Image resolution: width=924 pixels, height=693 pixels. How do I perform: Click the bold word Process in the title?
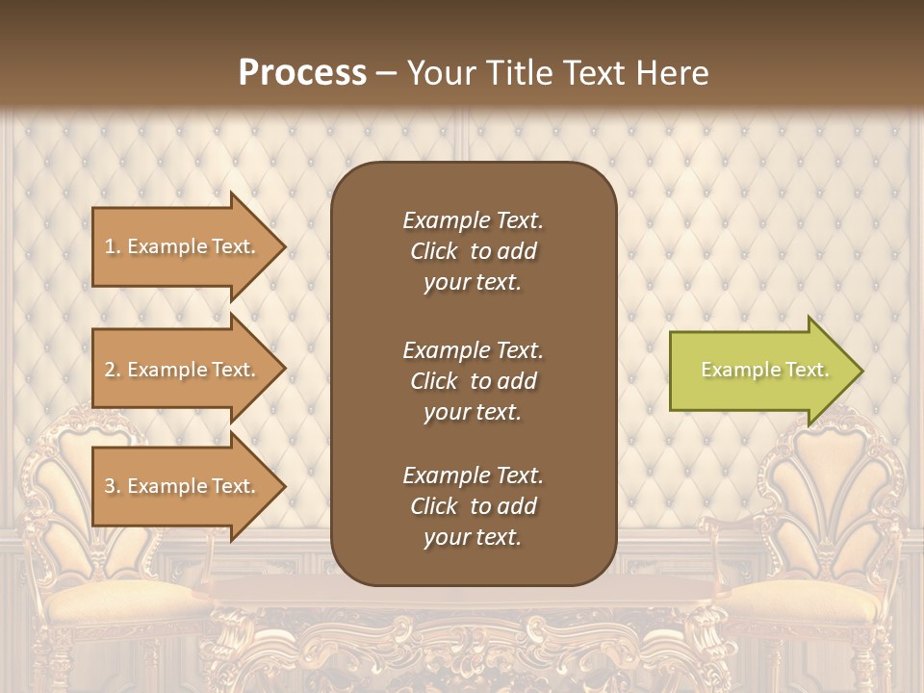pos(302,73)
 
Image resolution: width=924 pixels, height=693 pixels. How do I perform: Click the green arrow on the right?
pos(760,371)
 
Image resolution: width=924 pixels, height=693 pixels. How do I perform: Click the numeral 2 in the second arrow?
pos(110,370)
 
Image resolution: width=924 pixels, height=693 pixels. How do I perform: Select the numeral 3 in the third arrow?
pos(110,486)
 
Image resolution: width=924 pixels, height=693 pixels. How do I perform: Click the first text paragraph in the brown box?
pos(473,251)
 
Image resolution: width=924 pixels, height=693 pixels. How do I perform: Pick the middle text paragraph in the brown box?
pos(473,381)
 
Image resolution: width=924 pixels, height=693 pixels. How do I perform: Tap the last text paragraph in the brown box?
pos(473,506)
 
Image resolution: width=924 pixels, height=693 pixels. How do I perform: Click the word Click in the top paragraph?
pos(434,251)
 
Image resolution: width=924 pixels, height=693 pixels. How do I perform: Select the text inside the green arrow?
pos(764,370)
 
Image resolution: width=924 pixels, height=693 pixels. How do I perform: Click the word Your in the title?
pos(438,73)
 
